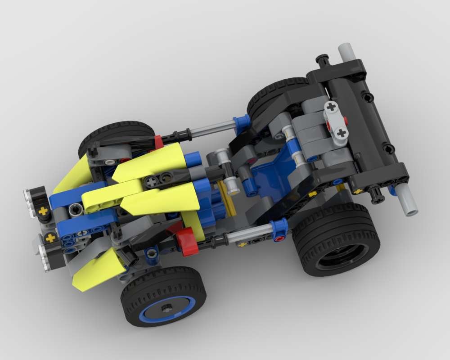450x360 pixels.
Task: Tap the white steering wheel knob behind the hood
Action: coord(232,184)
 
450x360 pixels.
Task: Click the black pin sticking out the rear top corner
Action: coord(322,59)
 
